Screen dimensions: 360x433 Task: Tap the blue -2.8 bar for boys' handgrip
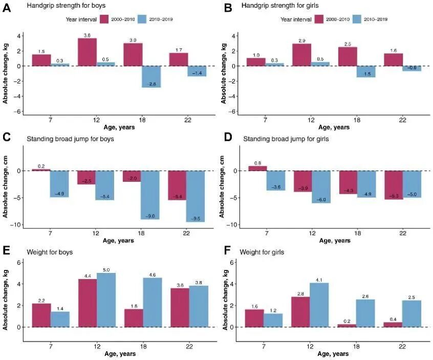pyautogui.click(x=152, y=77)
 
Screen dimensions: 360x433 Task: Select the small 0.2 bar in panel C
pyautogui.click(x=41, y=170)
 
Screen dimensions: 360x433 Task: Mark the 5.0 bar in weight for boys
pyautogui.click(x=106, y=300)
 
